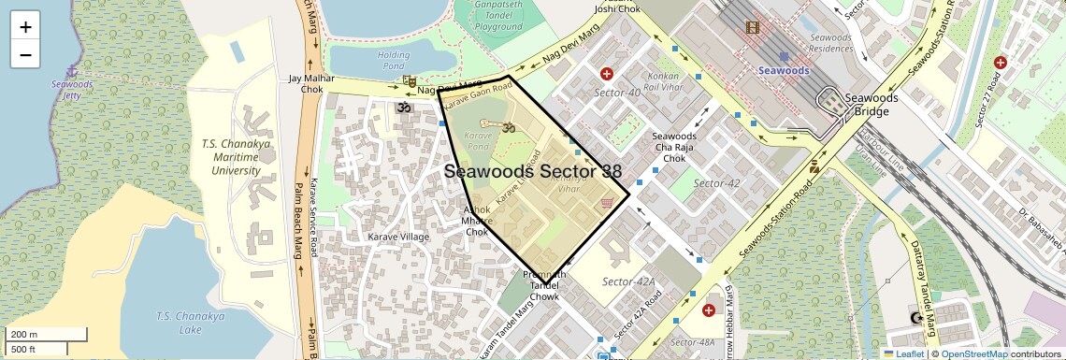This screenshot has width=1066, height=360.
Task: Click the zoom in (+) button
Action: (25, 26)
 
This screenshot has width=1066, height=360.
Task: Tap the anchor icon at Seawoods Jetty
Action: (72, 71)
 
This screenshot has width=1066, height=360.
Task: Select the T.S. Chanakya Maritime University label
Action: (236, 157)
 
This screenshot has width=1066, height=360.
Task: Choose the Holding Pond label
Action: (394, 61)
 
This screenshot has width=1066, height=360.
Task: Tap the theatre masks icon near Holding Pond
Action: (409, 82)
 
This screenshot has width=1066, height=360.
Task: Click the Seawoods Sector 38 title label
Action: (532, 172)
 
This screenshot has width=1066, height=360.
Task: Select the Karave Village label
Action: (399, 237)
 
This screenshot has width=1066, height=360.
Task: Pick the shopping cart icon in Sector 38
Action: (607, 202)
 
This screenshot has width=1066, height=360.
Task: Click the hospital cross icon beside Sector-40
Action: (607, 74)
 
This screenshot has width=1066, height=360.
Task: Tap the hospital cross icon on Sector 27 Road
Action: (1001, 62)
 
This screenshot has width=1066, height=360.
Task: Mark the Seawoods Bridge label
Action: (871, 105)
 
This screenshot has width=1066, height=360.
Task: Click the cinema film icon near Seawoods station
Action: (753, 27)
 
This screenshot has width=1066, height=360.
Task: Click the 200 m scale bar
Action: (47, 334)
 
